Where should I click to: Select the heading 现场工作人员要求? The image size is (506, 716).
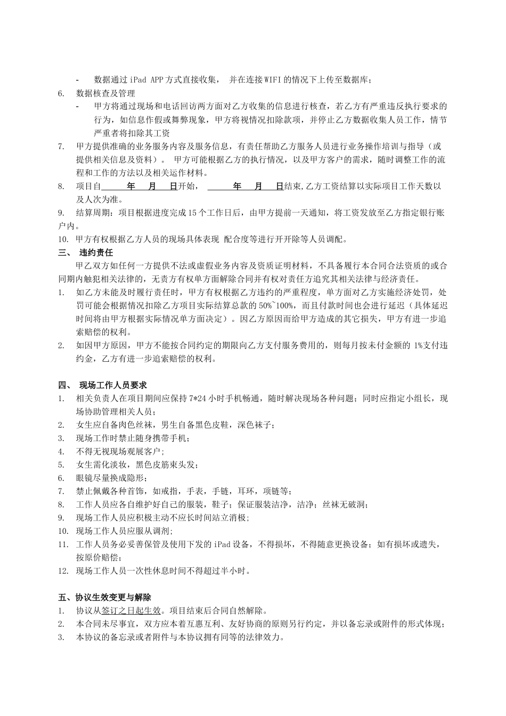click(113, 385)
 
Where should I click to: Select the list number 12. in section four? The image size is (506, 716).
click(63, 571)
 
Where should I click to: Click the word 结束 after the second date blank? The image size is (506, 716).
click(293, 186)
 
